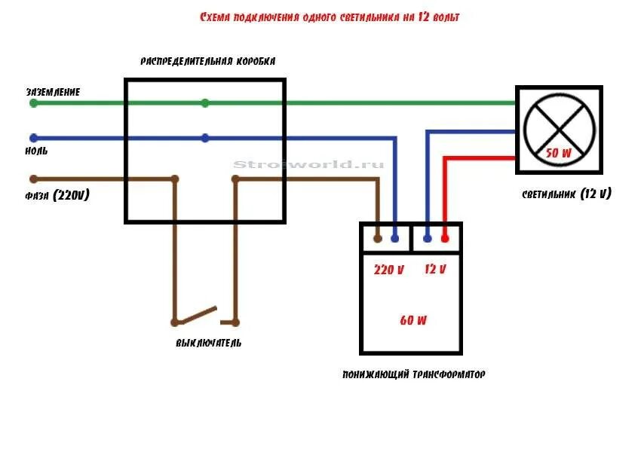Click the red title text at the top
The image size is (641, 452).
(330, 17)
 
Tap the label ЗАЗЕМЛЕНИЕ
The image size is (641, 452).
(53, 92)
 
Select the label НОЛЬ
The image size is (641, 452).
(37, 151)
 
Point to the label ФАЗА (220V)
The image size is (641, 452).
(57, 195)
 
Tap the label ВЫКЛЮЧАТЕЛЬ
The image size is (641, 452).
(208, 343)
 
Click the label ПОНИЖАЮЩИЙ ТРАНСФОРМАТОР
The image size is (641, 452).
(413, 374)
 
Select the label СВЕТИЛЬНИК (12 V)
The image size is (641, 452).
(566, 194)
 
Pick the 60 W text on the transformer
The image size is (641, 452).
(413, 320)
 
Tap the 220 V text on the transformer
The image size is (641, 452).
(389, 270)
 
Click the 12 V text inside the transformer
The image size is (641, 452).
(435, 270)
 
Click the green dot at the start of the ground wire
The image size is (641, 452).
(33, 103)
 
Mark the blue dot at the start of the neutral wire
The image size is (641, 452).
(33, 138)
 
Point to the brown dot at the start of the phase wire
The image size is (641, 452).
(33, 179)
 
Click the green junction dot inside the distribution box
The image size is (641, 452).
(205, 103)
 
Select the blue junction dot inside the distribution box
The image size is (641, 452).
(205, 138)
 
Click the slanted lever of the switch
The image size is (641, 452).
(196, 313)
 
